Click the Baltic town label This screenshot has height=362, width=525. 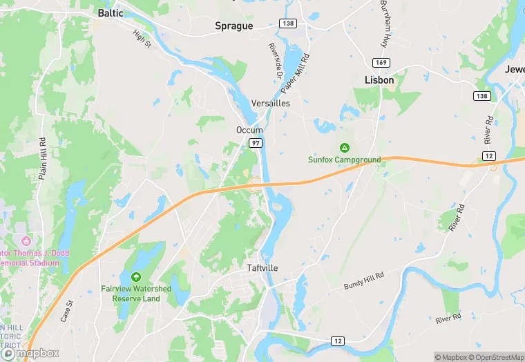111,12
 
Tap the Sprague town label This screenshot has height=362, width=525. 233,26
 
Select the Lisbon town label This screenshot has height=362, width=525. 379,80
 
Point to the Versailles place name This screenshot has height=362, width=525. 271,103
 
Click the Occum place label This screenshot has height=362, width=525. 249,130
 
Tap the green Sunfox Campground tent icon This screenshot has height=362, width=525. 344,148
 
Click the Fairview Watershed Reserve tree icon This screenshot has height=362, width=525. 136,277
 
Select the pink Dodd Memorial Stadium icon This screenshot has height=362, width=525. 26,241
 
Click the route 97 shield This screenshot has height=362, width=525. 256,143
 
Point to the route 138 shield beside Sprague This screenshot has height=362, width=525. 288,23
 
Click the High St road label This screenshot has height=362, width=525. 142,38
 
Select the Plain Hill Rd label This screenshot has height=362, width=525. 43,160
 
